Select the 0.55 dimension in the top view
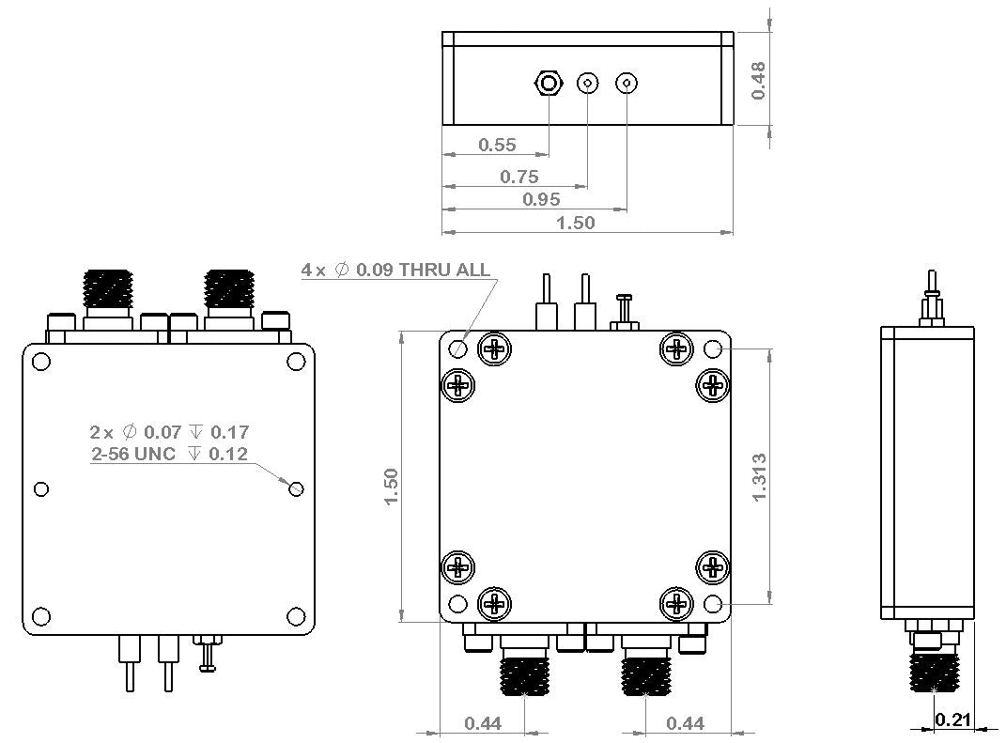pyautogui.click(x=497, y=145)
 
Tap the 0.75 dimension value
pyautogui.click(x=519, y=176)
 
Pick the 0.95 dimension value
pyautogui.click(x=541, y=198)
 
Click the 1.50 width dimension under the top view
pyautogui.click(x=577, y=222)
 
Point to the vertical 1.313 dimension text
pyautogui.click(x=760, y=476)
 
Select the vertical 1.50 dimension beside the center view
pyautogui.click(x=392, y=486)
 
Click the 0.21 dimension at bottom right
pyautogui.click(x=952, y=720)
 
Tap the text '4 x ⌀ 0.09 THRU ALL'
pyautogui.click(x=395, y=270)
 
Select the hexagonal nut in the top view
pyautogui.click(x=548, y=85)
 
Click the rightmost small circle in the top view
pyautogui.click(x=627, y=84)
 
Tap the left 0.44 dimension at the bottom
pyautogui.click(x=482, y=722)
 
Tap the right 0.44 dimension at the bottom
pyautogui.click(x=684, y=722)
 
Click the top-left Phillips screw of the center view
pyautogui.click(x=494, y=349)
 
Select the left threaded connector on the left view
pyautogui.click(x=108, y=291)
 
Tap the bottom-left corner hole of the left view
pyautogui.click(x=41, y=616)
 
